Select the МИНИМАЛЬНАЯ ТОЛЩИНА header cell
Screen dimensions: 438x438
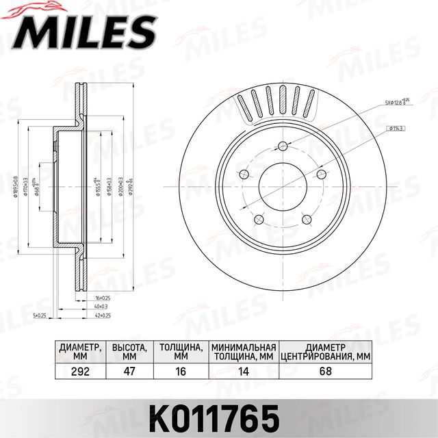[244, 351]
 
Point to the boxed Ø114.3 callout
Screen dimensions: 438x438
[396, 128]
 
